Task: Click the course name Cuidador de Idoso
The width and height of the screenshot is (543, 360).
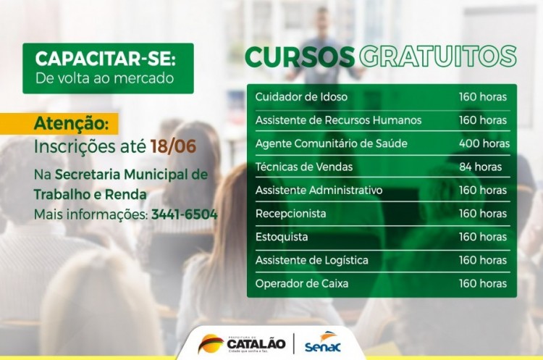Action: point(301,96)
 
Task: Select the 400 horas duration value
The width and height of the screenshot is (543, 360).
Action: point(484,143)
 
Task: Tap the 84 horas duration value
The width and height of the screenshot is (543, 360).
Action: point(480,167)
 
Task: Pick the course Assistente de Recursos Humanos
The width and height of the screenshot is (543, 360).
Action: point(338,120)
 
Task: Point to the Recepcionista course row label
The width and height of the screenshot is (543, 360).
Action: point(290,214)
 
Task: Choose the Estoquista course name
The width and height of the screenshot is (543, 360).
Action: point(282,237)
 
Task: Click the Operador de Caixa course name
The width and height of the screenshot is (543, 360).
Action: point(302,283)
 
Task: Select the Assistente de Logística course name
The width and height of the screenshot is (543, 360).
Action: point(311,260)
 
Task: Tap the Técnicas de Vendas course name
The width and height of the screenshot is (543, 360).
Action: point(304,167)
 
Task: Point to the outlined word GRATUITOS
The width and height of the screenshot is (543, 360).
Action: point(438,56)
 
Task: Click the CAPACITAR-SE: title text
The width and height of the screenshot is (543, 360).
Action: point(105,59)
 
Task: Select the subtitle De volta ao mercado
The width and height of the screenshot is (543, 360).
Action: point(105,78)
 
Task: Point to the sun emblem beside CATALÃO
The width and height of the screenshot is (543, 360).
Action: point(211,343)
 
